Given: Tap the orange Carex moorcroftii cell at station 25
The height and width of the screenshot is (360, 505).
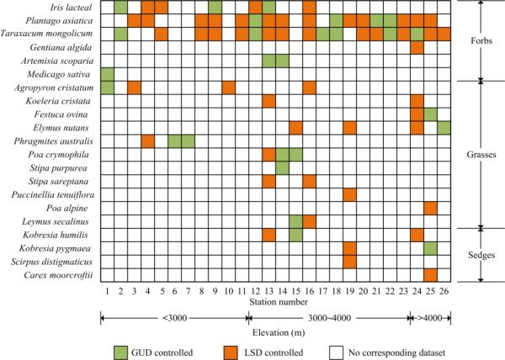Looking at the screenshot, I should tap(430, 275).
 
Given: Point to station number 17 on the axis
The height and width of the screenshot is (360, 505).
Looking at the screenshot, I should tap(322, 290).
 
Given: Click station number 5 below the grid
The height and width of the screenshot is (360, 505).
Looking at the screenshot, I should tap(162, 290).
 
